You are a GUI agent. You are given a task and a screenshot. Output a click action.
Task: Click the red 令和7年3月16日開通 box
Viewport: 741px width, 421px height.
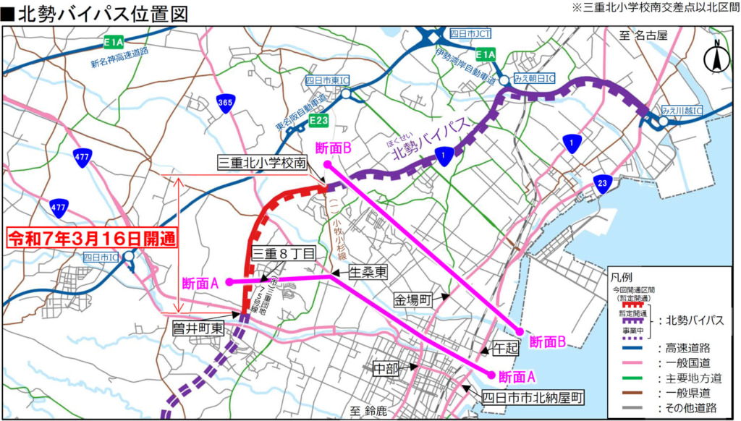pos(92,238)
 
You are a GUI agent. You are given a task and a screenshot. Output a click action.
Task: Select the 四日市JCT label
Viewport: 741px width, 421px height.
pos(470,33)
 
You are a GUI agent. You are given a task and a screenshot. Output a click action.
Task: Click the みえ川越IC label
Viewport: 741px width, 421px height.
pos(687,111)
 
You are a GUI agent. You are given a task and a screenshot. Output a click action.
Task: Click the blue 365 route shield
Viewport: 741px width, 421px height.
pos(224,103)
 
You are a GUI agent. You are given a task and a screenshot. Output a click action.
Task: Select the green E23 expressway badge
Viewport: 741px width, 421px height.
pos(318,119)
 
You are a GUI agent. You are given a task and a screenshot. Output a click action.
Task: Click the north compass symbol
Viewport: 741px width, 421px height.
pos(717,56)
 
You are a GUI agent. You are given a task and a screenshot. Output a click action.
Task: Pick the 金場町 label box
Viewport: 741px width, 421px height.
pos(412,299)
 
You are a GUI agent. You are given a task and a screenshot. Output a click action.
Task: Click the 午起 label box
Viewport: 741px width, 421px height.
pos(506,348)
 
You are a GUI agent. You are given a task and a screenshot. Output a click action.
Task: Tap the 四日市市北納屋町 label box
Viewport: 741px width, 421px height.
pos(533,397)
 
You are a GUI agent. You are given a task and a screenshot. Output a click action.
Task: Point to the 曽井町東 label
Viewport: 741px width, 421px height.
pos(198,327)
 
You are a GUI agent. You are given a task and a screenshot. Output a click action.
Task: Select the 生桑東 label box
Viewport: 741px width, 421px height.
pos(368,272)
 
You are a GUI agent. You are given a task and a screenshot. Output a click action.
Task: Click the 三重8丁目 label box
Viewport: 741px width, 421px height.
pos(284,253)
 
